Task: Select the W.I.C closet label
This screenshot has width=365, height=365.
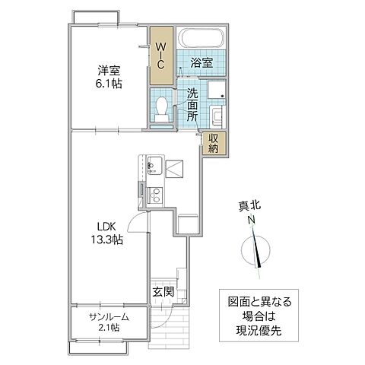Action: pos(160,56)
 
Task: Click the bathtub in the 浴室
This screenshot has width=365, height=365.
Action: pos(201,38)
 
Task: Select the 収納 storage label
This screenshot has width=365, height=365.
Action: pos(213,143)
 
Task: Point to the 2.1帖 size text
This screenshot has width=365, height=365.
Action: pos(107,328)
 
